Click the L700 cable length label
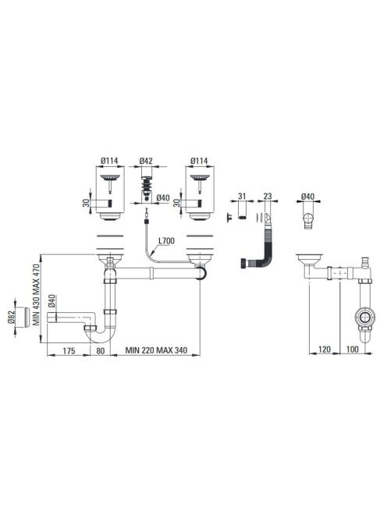(x=166, y=241)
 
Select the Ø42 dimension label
(x=146, y=161)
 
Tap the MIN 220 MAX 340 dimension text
(x=156, y=350)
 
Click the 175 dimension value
(x=69, y=350)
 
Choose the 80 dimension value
(x=100, y=350)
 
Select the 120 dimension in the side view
(x=325, y=349)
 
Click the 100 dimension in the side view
(x=353, y=349)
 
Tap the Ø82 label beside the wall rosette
(x=11, y=318)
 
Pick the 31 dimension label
(x=242, y=197)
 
